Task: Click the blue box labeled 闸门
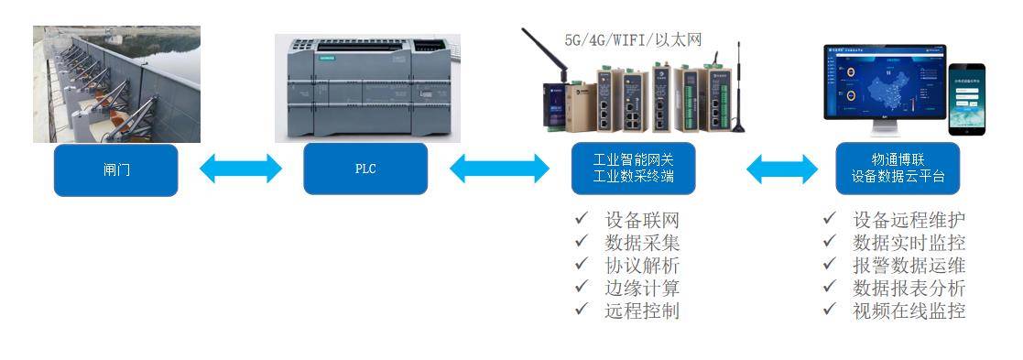(115, 169)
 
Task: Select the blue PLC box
(365, 169)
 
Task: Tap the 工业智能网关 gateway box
(633, 169)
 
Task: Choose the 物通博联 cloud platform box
(898, 169)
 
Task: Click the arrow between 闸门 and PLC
(241, 168)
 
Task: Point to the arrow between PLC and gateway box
(499, 169)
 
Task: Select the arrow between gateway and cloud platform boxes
(782, 169)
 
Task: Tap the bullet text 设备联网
(642, 221)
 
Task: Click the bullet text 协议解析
(642, 266)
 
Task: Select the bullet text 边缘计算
(642, 288)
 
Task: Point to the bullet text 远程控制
(642, 311)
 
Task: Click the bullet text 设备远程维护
(909, 221)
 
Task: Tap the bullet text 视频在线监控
(909, 311)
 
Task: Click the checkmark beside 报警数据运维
(829, 266)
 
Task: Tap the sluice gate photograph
(116, 84)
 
